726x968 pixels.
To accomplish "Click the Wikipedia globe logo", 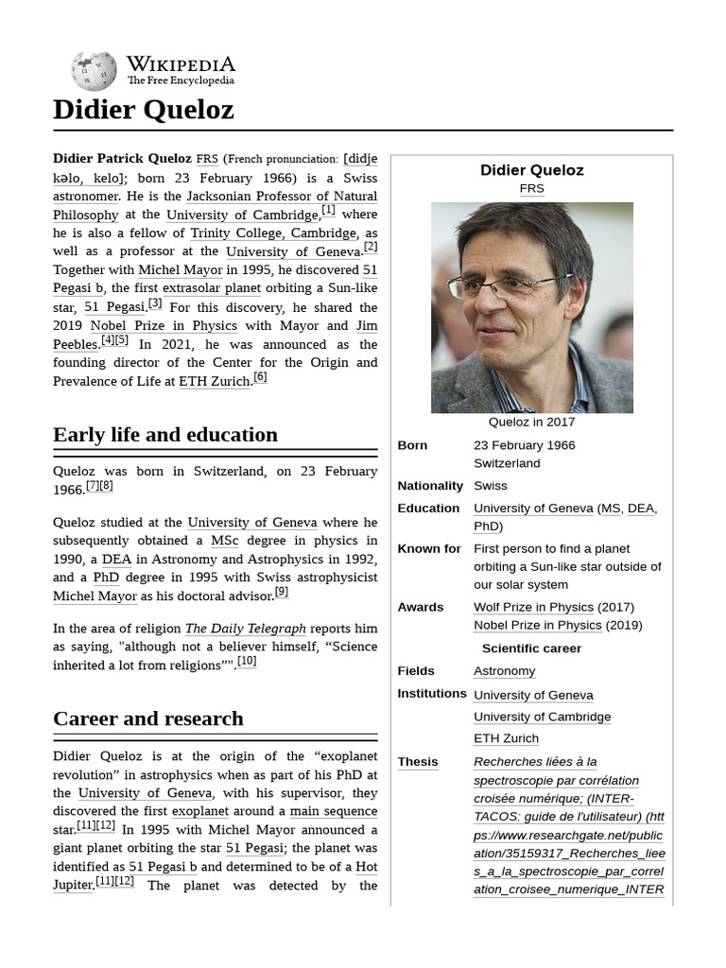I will [94, 71].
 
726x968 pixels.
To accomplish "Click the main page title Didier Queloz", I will [143, 111].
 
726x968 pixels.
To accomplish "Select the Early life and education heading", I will [165, 435].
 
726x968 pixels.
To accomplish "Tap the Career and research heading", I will [148, 718].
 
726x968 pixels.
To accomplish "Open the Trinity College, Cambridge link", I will [273, 233].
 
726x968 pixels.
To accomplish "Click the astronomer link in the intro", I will [86, 197].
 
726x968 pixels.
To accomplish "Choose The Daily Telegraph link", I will [245, 629].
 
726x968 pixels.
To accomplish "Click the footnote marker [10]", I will [247, 662].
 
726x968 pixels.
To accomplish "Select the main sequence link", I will [333, 811].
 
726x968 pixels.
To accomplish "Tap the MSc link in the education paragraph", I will [224, 541].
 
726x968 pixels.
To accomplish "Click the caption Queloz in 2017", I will [531, 423].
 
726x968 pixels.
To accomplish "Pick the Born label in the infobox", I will [412, 445].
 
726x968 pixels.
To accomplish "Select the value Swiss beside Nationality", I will [491, 486].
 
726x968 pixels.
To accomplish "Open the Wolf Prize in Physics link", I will [533, 607].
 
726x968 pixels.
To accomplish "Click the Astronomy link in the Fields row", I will [504, 671].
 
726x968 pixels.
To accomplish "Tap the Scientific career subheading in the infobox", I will [531, 648].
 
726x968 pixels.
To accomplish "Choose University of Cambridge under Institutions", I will [542, 717].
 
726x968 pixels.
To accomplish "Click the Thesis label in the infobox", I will [418, 762].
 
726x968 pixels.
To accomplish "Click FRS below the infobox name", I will [531, 189].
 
